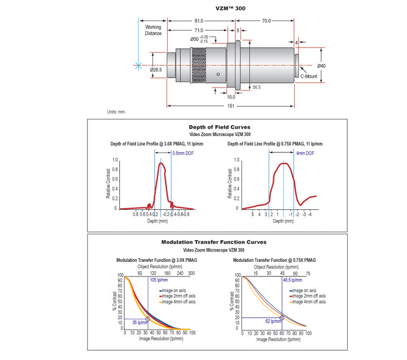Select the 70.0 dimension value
tap(266, 21)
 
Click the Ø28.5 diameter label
tap(157, 69)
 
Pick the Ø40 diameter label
tap(321, 66)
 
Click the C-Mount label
tap(309, 76)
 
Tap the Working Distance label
tap(153, 30)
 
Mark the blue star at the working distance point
tap(138, 65)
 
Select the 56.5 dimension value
tap(257, 87)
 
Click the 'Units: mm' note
tap(116, 112)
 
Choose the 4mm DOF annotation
tap(305, 153)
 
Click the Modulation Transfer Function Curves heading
tap(214, 242)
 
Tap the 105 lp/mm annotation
tap(159, 280)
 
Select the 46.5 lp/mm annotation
tap(293, 280)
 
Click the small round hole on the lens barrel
tap(218, 74)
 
